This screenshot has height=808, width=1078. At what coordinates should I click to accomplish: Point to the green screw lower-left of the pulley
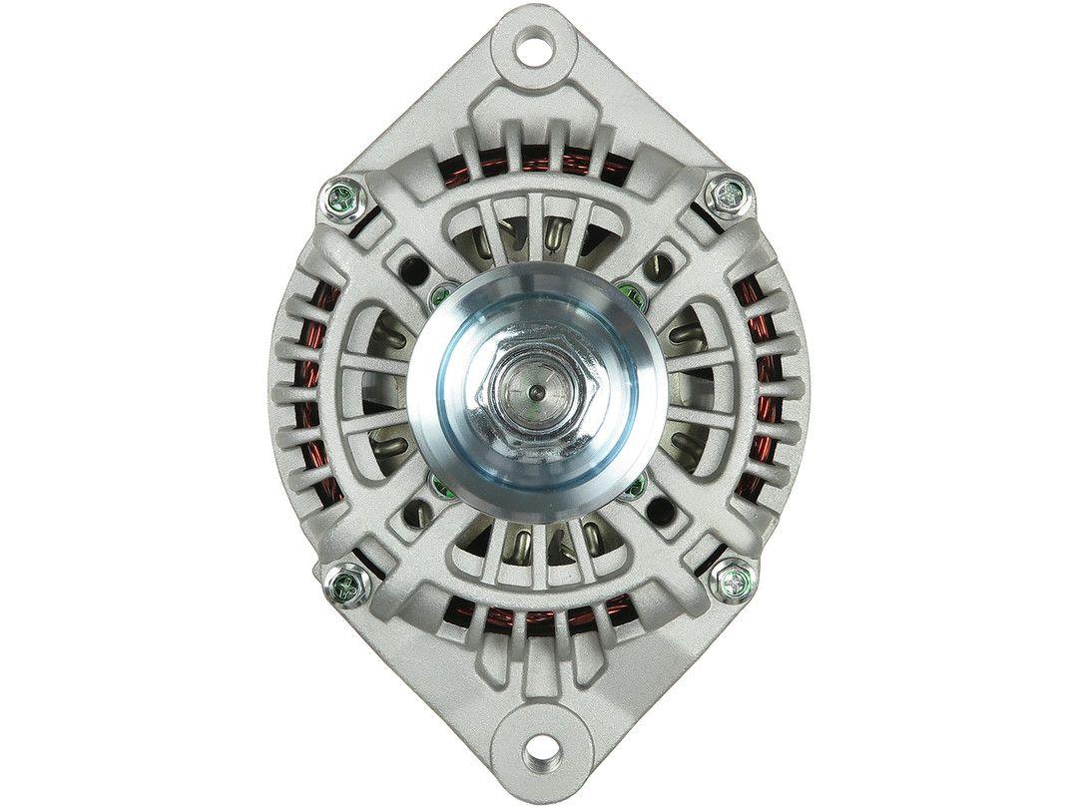coord(437,486)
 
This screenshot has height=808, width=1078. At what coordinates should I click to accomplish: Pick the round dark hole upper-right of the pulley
coord(660,264)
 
